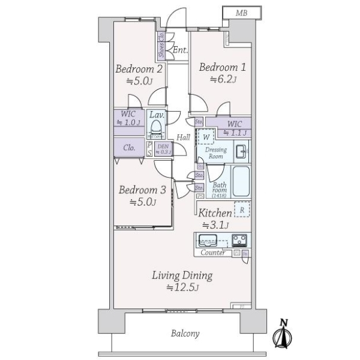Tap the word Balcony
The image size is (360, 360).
185,334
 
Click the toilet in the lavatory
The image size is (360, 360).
157,128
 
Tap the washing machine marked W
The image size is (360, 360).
205,137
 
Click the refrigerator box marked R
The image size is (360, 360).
241,210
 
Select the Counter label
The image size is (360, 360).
213,253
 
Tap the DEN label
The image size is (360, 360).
163,148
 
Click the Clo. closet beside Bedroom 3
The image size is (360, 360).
129,148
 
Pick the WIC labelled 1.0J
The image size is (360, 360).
128,118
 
